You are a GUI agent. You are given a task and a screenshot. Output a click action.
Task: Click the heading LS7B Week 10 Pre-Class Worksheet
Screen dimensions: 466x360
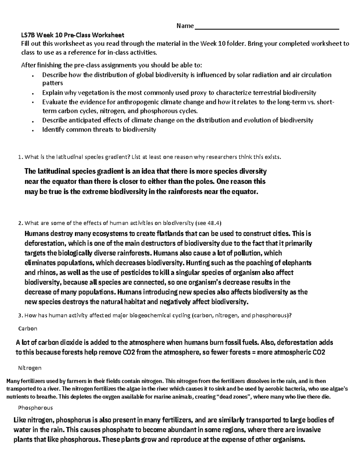click(x=72, y=35)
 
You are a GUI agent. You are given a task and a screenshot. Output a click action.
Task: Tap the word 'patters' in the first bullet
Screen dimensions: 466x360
click(x=52, y=83)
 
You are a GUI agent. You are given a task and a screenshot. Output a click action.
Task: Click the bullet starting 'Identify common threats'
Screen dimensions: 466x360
click(x=99, y=130)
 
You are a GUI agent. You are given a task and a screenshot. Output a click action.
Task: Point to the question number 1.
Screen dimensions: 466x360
click(x=20, y=157)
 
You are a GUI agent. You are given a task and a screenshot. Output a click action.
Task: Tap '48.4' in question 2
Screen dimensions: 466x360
click(x=214, y=223)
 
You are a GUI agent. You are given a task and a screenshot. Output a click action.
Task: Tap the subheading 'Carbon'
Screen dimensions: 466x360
click(x=28, y=328)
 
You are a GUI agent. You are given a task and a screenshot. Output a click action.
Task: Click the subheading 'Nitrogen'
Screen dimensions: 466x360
click(x=30, y=368)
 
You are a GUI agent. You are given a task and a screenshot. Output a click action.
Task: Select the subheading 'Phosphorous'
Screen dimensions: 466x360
click(x=35, y=408)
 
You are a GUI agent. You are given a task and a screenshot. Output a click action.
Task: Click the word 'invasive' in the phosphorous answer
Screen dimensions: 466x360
click(x=309, y=430)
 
